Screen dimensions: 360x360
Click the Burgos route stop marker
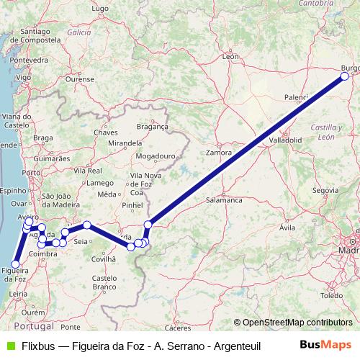pyautogui.click(x=344, y=76)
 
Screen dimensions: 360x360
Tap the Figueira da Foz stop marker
pyautogui.click(x=15, y=264)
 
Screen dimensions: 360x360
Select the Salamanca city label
pyautogui.click(x=223, y=199)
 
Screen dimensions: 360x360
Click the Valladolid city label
pyautogui.click(x=286, y=139)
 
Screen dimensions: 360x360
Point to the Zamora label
pyautogui.click(x=218, y=153)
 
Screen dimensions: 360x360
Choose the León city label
pyautogui.click(x=230, y=55)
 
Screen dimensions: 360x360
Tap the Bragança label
pyautogui.click(x=152, y=126)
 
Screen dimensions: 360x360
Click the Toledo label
pyautogui.click(x=332, y=295)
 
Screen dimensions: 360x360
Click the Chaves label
pyautogui.click(x=105, y=132)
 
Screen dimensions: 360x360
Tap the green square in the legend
pyautogui.click(x=10, y=345)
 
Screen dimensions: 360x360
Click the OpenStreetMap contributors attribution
pyautogui.click(x=297, y=323)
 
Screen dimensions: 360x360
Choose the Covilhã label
pyautogui.click(x=103, y=258)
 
